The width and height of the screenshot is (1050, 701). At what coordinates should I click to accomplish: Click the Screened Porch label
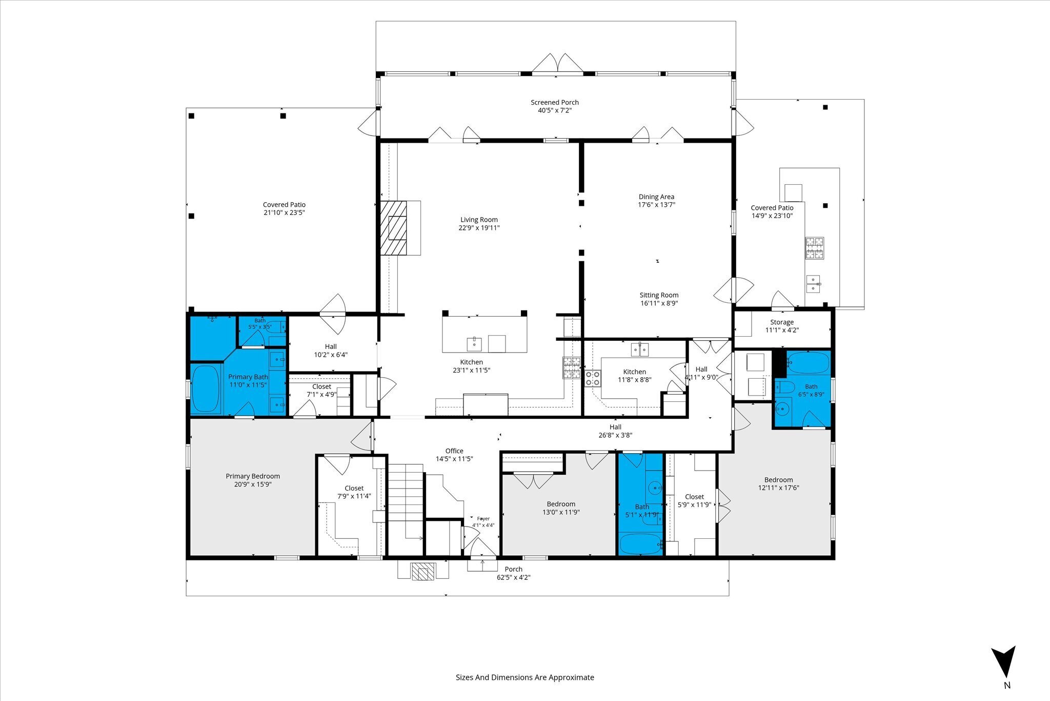(x=555, y=102)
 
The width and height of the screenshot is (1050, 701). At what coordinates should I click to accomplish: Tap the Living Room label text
(x=479, y=220)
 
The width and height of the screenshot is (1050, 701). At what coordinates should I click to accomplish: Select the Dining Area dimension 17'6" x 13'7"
(x=656, y=205)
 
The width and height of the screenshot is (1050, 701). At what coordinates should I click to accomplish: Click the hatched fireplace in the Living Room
(x=393, y=228)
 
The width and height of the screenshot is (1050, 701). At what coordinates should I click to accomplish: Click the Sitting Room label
(x=659, y=295)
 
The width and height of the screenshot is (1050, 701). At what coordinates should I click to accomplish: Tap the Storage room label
(x=782, y=322)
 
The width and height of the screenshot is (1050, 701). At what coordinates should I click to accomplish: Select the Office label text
(x=454, y=451)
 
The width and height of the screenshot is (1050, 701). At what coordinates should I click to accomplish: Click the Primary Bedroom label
(x=253, y=476)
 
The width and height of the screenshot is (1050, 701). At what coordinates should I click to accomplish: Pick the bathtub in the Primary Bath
(x=206, y=388)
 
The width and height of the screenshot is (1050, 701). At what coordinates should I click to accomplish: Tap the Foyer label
(x=483, y=519)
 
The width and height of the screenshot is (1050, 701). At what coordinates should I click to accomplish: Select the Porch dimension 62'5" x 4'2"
(x=513, y=577)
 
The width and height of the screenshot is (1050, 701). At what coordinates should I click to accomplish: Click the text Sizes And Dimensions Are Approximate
(x=525, y=677)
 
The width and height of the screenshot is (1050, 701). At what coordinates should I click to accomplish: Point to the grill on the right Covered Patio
(x=814, y=249)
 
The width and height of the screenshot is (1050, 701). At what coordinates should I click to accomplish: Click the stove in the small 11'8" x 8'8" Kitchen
(x=593, y=378)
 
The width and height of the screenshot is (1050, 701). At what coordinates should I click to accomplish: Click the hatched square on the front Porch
(x=423, y=572)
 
